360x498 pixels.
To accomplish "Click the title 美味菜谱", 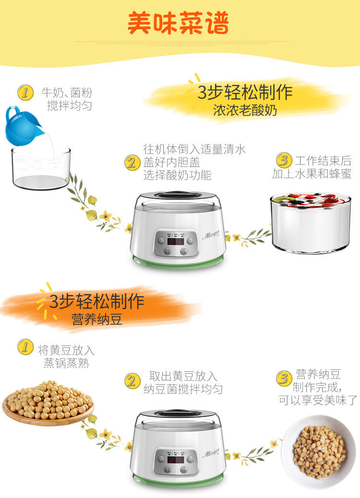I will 178,23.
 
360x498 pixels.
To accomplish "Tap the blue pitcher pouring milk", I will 22,126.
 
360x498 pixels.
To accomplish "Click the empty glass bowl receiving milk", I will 41,169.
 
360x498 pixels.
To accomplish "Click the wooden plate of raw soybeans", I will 48,402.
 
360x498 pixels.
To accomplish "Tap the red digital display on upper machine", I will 175,241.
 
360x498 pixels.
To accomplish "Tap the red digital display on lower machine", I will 175,460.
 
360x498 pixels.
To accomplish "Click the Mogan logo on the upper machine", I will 210,236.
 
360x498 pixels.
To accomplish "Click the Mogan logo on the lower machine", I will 210,453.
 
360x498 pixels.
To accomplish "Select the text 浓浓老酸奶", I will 245,110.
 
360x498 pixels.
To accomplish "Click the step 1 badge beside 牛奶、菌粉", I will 25,92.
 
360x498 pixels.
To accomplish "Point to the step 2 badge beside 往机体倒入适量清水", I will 132,163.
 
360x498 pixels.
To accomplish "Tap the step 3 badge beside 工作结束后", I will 284,160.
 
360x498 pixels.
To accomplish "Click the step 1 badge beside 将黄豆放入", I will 25,347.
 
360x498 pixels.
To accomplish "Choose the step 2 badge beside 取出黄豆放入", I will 132,381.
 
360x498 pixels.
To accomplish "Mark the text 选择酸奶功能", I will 177,176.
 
